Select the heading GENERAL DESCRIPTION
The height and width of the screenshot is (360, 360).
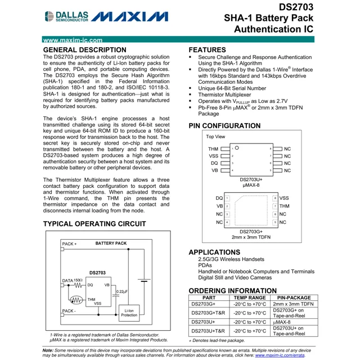coord(81,50)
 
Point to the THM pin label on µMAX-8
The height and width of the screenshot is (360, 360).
coord(214,149)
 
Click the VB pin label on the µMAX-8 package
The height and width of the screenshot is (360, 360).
coord(215,169)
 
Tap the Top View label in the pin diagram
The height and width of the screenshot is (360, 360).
coord(216,137)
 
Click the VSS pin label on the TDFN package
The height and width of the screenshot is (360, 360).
coord(284,199)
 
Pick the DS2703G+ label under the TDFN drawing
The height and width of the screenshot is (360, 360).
coord(251,231)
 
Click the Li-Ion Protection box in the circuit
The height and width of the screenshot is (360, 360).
coord(129,313)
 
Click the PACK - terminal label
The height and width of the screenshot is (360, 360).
coord(69,310)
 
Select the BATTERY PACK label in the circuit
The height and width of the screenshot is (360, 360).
coord(111,244)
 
